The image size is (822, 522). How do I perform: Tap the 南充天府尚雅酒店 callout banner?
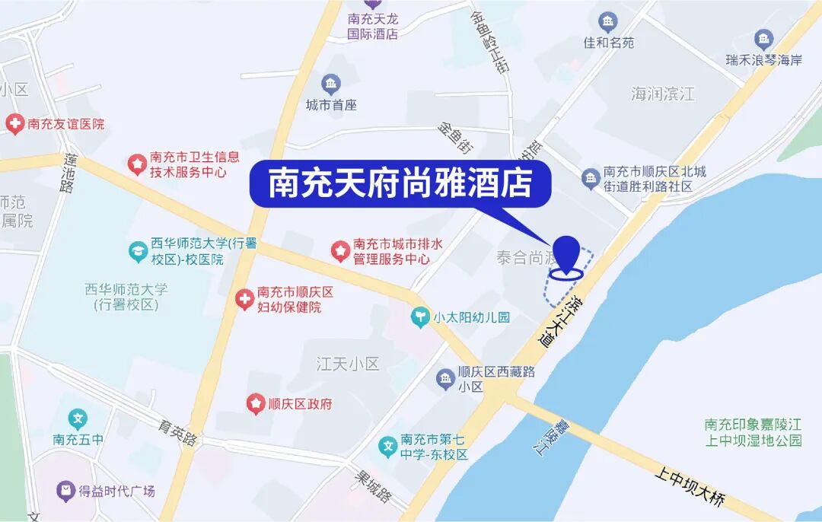point(400,184)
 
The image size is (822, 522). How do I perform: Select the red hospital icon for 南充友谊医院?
point(14,124)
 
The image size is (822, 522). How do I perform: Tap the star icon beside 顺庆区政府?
point(256,404)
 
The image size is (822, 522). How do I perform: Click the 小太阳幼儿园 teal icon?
point(420,317)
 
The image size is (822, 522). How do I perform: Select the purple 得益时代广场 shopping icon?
point(66,491)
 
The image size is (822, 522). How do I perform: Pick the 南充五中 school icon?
point(78,419)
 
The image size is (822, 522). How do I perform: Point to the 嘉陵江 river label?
point(550,438)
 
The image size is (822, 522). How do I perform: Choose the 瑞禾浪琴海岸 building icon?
point(763,39)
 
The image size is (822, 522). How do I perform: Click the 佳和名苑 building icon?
point(607,21)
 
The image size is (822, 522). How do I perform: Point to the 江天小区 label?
point(347,364)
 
